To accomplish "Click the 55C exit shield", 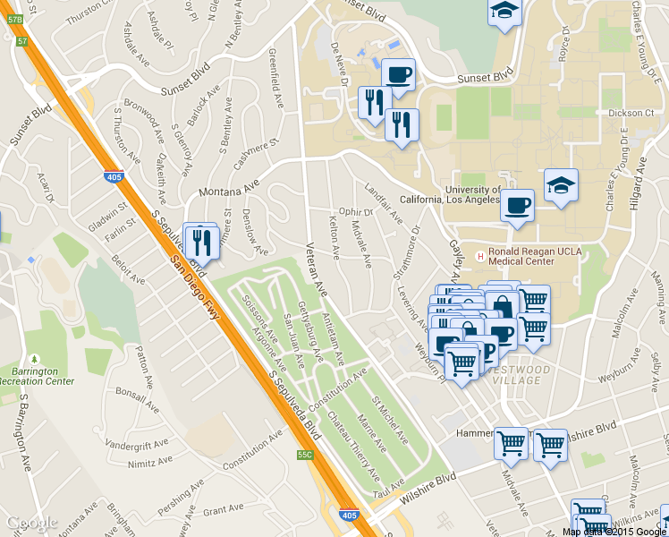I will [x=306, y=455].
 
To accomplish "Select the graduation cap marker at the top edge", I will [x=504, y=13].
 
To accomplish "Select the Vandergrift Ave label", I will [x=137, y=444].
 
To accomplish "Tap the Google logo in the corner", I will [x=32, y=524].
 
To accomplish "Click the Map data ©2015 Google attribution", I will [x=614, y=532].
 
